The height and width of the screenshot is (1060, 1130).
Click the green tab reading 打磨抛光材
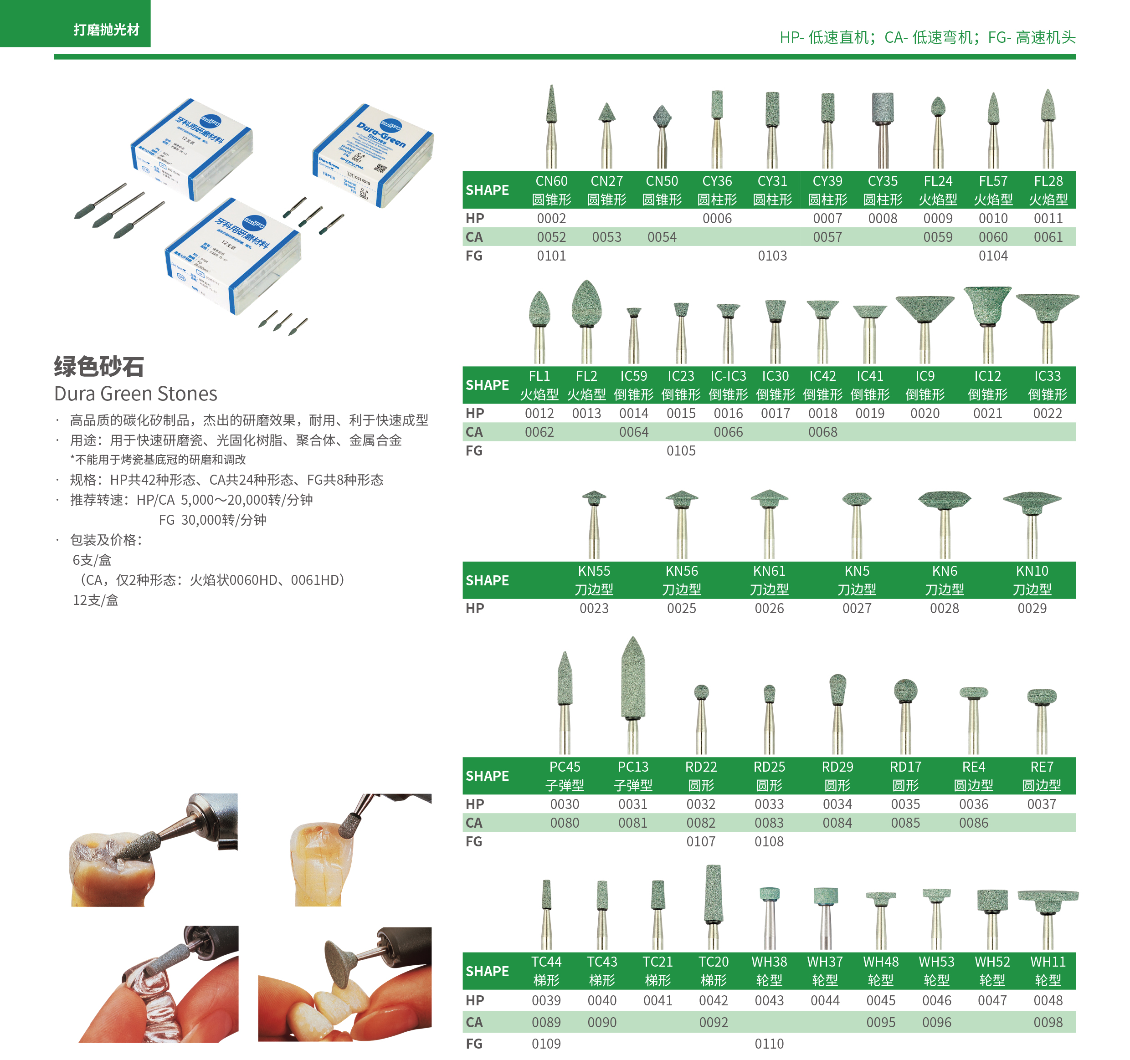pos(106,30)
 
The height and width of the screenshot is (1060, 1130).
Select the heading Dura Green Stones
pos(135,394)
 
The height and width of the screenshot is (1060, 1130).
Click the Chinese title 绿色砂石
pos(98,367)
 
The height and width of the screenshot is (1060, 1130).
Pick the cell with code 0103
pos(772,256)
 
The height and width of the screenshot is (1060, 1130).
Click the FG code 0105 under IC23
pos(681,451)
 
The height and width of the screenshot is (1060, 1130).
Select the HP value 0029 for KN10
pos(1032,608)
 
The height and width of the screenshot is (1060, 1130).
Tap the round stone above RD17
pos(905,691)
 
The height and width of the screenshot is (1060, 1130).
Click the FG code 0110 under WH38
pos(769,1044)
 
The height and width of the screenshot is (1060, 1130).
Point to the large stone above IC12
pos(987,304)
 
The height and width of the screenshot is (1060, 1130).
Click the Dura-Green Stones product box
pos(372,154)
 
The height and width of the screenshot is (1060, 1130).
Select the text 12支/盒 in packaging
pos(96,600)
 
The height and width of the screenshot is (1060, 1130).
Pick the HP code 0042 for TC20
pos(714,1000)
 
